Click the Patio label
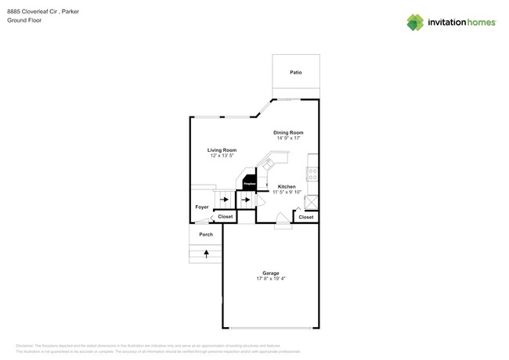pyautogui.click(x=295, y=72)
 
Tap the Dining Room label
pyautogui.click(x=287, y=132)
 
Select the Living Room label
pyautogui.click(x=222, y=149)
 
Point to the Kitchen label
pyautogui.click(x=286, y=186)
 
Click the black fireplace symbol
pyautogui.click(x=249, y=183)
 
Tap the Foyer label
pyautogui.click(x=202, y=207)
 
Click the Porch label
pyautogui.click(x=206, y=234)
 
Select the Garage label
pyautogui.click(x=270, y=273)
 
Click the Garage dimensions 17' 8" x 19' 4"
pyautogui.click(x=270, y=279)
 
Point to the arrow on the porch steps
pyautogui.click(x=207, y=254)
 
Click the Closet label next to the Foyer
pyautogui.click(x=226, y=217)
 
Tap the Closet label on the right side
pyautogui.click(x=306, y=217)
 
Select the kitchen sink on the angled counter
pyautogui.click(x=268, y=164)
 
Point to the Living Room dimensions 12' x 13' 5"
pyautogui.click(x=222, y=156)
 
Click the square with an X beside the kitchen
pyautogui.click(x=312, y=200)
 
